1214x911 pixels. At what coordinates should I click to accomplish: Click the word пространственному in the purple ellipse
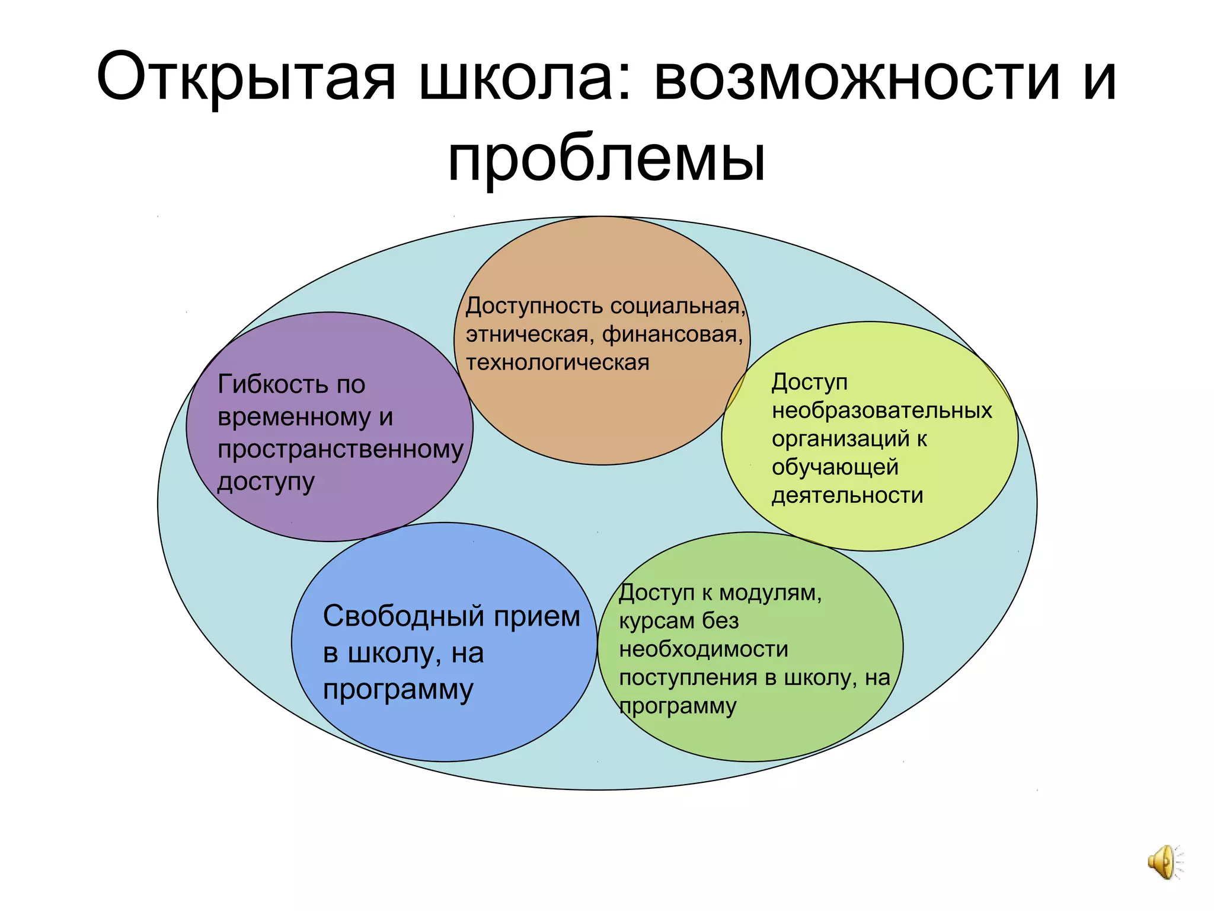pos(340,450)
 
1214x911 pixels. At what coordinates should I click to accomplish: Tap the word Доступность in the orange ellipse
pos(535,306)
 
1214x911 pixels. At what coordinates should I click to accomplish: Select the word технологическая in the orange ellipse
pos(557,362)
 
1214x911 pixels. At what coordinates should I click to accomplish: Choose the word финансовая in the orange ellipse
pos(672,335)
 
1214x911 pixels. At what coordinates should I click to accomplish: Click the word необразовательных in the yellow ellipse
pos(881,410)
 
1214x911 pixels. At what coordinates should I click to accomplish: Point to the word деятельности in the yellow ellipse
pos(847,495)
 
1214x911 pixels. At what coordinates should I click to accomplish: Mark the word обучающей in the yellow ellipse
pos(835,467)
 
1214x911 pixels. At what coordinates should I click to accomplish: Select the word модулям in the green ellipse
pos(770,593)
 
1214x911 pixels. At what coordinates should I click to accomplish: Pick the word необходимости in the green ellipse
pos(704,649)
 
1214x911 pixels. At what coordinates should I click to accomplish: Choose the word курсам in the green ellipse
pos(656,622)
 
